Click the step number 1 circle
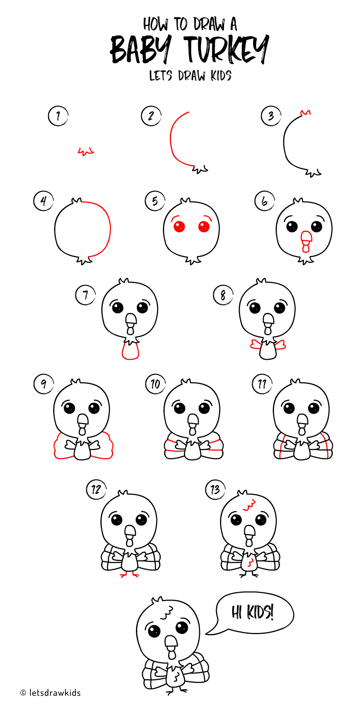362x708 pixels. click(x=58, y=116)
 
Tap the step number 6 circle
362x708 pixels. click(x=264, y=202)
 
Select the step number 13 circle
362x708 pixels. click(x=215, y=489)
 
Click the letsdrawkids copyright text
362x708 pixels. click(x=51, y=693)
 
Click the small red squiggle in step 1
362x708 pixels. click(x=86, y=151)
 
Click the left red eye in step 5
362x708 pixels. click(x=179, y=226)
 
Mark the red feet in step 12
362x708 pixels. click(x=129, y=575)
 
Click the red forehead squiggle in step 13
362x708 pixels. click(x=249, y=506)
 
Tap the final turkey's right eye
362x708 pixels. click(x=182, y=627)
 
